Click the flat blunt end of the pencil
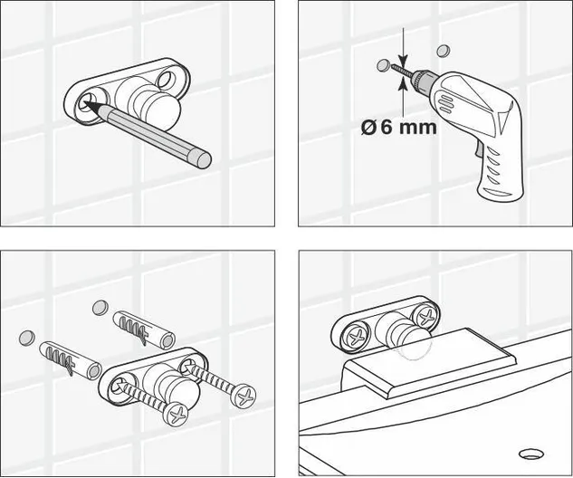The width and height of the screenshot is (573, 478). pos(203,159)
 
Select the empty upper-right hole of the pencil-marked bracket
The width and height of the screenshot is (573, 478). pos(167,80)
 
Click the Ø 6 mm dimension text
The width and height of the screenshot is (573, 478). pos(399,127)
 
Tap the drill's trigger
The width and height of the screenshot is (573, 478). pos(478,149)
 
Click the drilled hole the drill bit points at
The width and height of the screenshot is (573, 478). pos(383,65)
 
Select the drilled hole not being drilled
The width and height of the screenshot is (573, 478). pos(444,51)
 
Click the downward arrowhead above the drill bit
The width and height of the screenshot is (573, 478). pos(403,59)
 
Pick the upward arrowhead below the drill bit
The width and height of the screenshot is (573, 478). pos(403,85)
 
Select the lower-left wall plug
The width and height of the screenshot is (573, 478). pos(71,358)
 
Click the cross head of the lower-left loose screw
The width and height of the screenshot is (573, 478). pos(176,414)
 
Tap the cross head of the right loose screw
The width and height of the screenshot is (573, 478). pos(244,396)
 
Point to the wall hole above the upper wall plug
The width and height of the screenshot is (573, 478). pos(100,307)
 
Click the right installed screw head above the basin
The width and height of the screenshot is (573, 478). pos(425,317)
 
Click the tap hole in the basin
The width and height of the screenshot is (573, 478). pos(531,454)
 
